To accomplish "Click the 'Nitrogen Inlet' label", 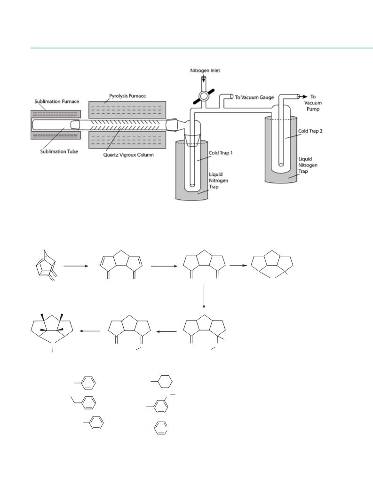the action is pos(205,71).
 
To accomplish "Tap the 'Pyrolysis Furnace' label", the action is pos(127,95).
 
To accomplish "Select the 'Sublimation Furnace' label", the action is pos(56,102).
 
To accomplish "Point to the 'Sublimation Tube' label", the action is pos(59,151).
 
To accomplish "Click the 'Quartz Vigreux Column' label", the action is pos(128,155).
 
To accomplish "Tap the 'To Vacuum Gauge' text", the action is pos(254,97).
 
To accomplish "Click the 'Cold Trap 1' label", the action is pos(221,153).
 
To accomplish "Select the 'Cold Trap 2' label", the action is pos(310,131).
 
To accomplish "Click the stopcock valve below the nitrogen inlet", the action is pos(204,95).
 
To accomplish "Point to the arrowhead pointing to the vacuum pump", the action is pos(304,96).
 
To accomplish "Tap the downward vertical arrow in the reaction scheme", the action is pos(204,297).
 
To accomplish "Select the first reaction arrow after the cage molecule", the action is pos(76,266).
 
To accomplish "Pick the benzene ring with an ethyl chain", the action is pos(85,402).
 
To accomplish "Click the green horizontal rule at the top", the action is pos(201,48).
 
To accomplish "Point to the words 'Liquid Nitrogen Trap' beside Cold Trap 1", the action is pos(218,181).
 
